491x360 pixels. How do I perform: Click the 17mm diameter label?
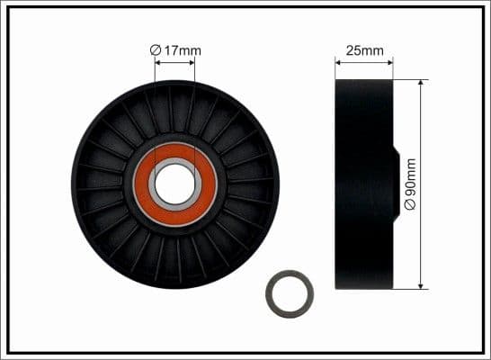pyautogui.click(x=175, y=50)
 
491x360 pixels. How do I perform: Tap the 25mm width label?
pyautogui.click(x=364, y=50)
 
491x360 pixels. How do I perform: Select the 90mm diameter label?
pyautogui.click(x=410, y=184)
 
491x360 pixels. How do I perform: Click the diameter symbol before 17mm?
pyautogui.click(x=155, y=50)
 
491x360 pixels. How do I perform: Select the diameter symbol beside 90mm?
pyautogui.click(x=410, y=206)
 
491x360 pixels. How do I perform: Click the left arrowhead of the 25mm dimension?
pyautogui.click(x=339, y=61)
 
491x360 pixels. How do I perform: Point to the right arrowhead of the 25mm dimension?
pyautogui.click(x=389, y=61)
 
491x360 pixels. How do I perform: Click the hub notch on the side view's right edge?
pyautogui.click(x=395, y=184)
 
